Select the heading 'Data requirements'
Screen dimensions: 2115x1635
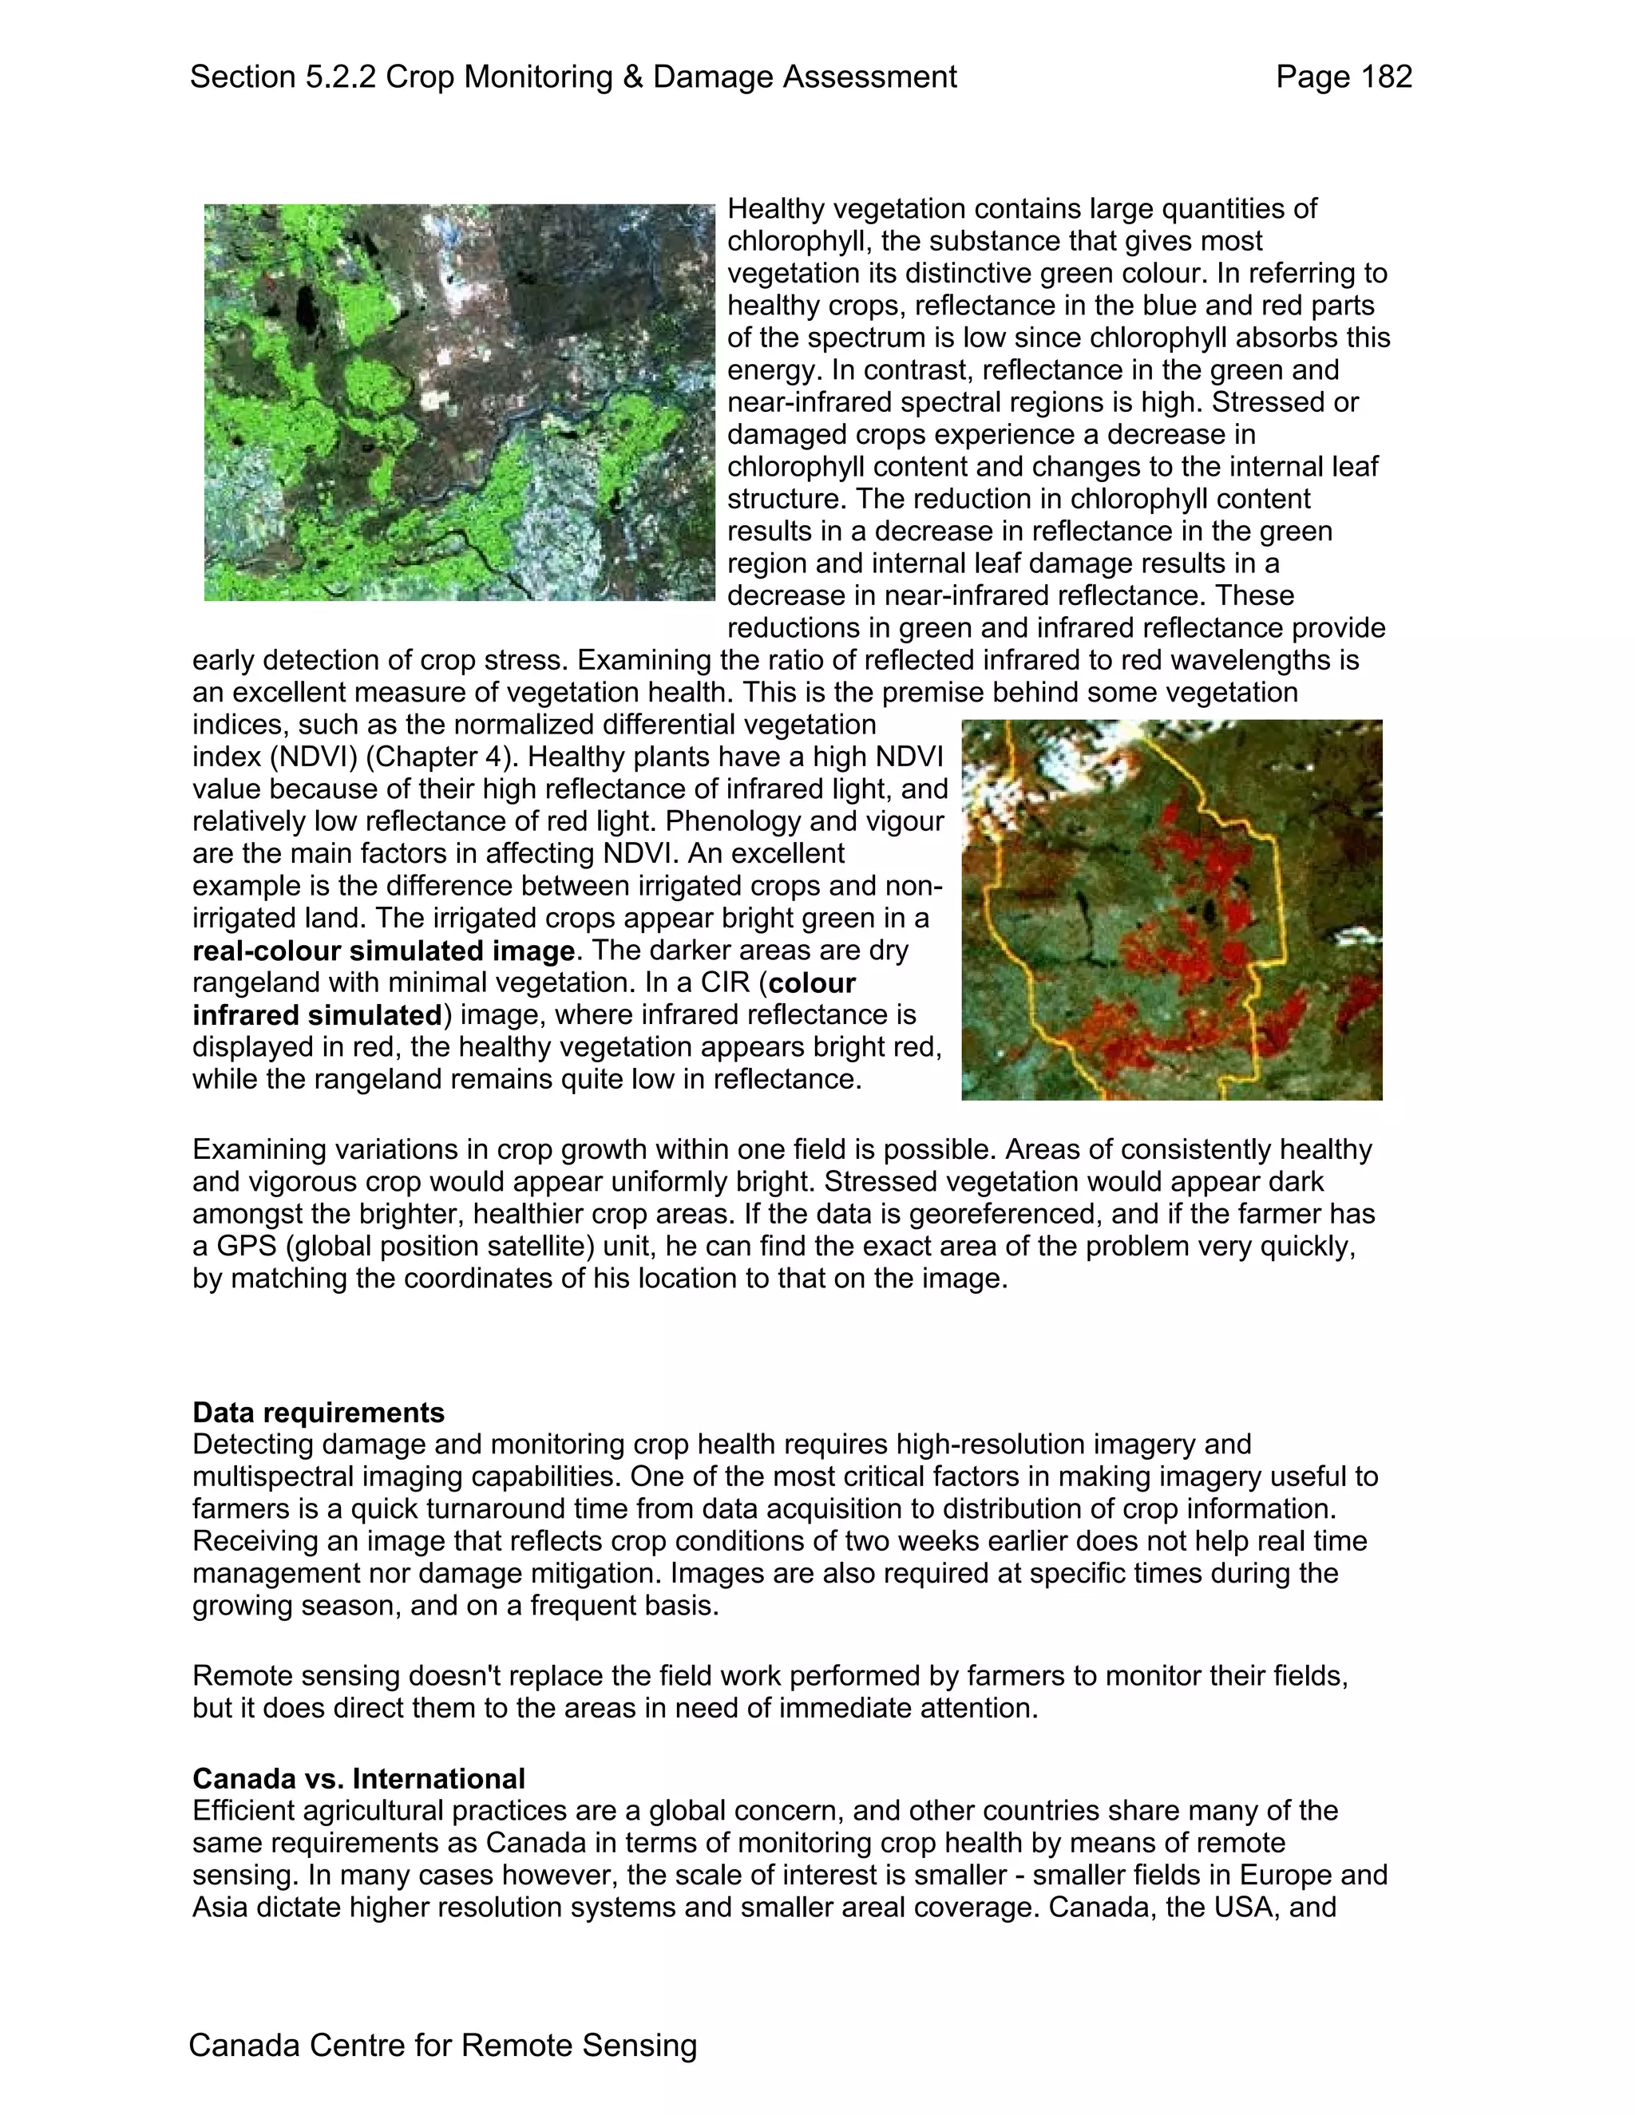tap(319, 1413)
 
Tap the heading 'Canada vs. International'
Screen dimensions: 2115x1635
tap(358, 1779)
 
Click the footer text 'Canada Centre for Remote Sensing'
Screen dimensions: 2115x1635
tap(442, 2046)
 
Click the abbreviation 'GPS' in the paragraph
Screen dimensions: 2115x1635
tap(237, 1247)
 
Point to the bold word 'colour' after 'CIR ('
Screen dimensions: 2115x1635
tap(812, 983)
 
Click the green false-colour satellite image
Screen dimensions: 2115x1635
tap(459, 402)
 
